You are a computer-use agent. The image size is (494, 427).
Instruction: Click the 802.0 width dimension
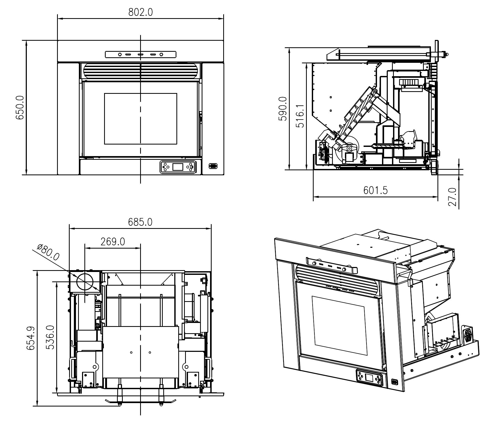click(x=140, y=12)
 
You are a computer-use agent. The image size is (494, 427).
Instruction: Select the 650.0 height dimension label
click(x=20, y=107)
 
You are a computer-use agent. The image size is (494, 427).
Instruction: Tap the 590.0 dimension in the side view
click(x=283, y=109)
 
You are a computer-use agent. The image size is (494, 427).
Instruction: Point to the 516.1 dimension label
click(x=300, y=116)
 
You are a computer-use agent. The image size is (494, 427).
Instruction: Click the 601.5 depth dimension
click(x=375, y=190)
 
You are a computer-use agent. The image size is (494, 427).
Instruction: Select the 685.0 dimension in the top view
click(x=140, y=222)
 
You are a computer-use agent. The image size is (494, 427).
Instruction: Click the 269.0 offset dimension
click(x=113, y=241)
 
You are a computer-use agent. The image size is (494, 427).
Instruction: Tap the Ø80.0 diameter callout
click(x=48, y=252)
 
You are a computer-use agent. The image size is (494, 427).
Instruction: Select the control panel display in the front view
click(x=177, y=167)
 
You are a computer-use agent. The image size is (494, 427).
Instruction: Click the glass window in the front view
click(x=140, y=119)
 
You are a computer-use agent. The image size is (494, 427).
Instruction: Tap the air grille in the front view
click(x=140, y=71)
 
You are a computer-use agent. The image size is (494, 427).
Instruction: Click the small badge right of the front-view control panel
click(x=213, y=166)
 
